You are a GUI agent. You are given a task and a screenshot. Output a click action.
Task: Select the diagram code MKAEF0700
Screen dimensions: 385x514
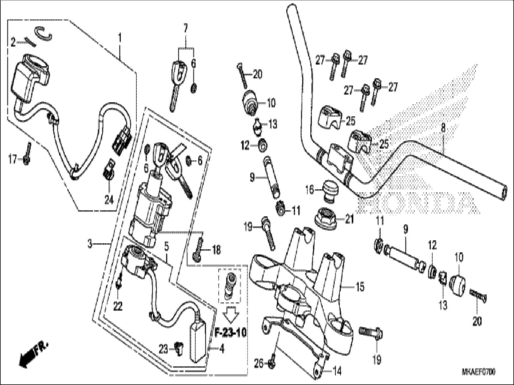point(478,372)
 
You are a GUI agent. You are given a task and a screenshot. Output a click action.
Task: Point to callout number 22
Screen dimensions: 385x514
point(118,307)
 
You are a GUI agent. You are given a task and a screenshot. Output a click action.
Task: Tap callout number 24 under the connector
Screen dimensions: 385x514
point(109,200)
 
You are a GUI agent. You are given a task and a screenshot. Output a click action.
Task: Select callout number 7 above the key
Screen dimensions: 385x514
point(185,29)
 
